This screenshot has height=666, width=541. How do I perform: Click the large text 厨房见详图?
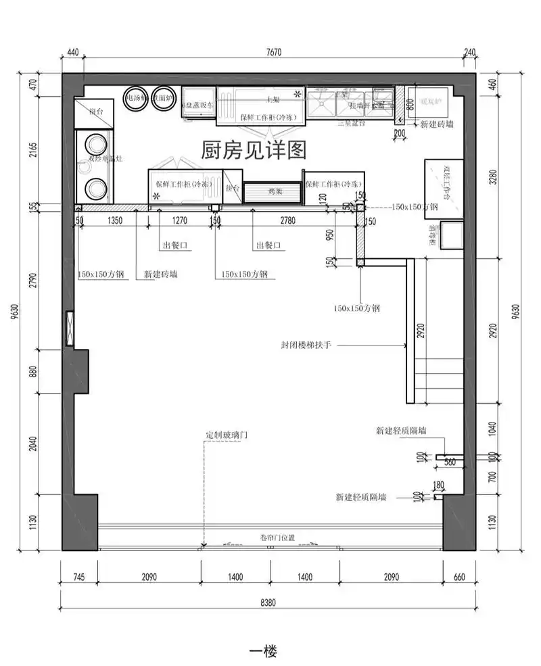pos(254,149)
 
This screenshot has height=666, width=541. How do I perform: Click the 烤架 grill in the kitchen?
pos(274,192)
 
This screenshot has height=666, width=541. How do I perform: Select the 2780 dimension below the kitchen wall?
pos(287,220)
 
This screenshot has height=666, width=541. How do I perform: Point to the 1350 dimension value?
pos(115,220)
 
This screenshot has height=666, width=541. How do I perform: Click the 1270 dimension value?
pos(179,220)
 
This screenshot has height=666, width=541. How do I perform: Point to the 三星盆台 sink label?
pos(352,123)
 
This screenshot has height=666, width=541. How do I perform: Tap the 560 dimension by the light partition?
pos(449,462)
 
